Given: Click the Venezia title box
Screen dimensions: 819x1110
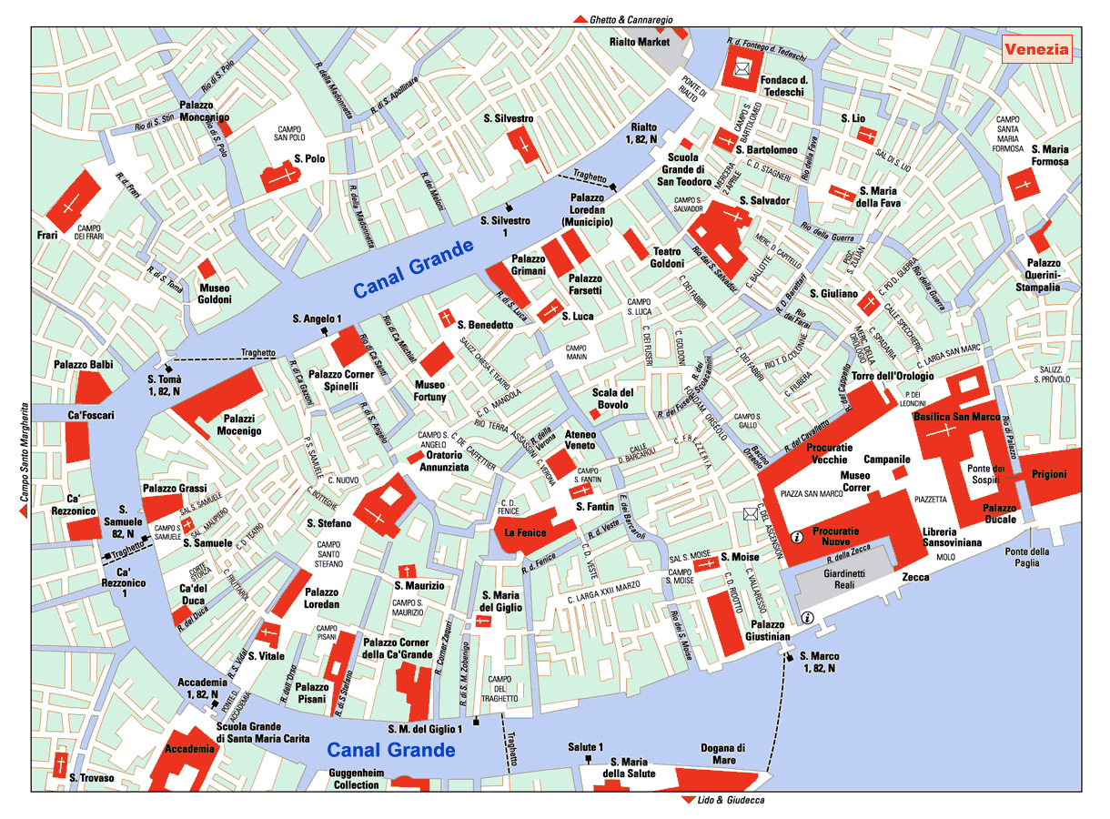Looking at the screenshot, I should pyautogui.click(x=1036, y=49).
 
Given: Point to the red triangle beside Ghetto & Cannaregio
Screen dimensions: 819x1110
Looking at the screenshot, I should pyautogui.click(x=579, y=19).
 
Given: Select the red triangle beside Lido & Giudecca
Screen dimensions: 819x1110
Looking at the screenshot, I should pyautogui.click(x=686, y=801).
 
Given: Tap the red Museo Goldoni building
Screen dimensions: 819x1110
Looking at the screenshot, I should pyautogui.click(x=207, y=268).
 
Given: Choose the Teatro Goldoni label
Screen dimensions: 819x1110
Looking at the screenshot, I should pyautogui.click(x=667, y=258).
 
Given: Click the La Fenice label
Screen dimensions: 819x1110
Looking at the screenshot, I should pyautogui.click(x=525, y=532).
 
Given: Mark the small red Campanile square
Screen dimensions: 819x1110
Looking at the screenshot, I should pyautogui.click(x=900, y=473).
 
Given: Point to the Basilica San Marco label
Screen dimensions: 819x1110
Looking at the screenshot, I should pyautogui.click(x=956, y=417).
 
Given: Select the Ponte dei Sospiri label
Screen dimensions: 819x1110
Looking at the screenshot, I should pyautogui.click(x=984, y=474).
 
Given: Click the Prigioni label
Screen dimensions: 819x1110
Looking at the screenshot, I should pyautogui.click(x=1048, y=475).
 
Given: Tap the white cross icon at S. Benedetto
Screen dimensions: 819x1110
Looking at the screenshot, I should pyautogui.click(x=446, y=318).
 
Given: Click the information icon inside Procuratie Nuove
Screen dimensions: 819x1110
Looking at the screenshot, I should pyautogui.click(x=797, y=537).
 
